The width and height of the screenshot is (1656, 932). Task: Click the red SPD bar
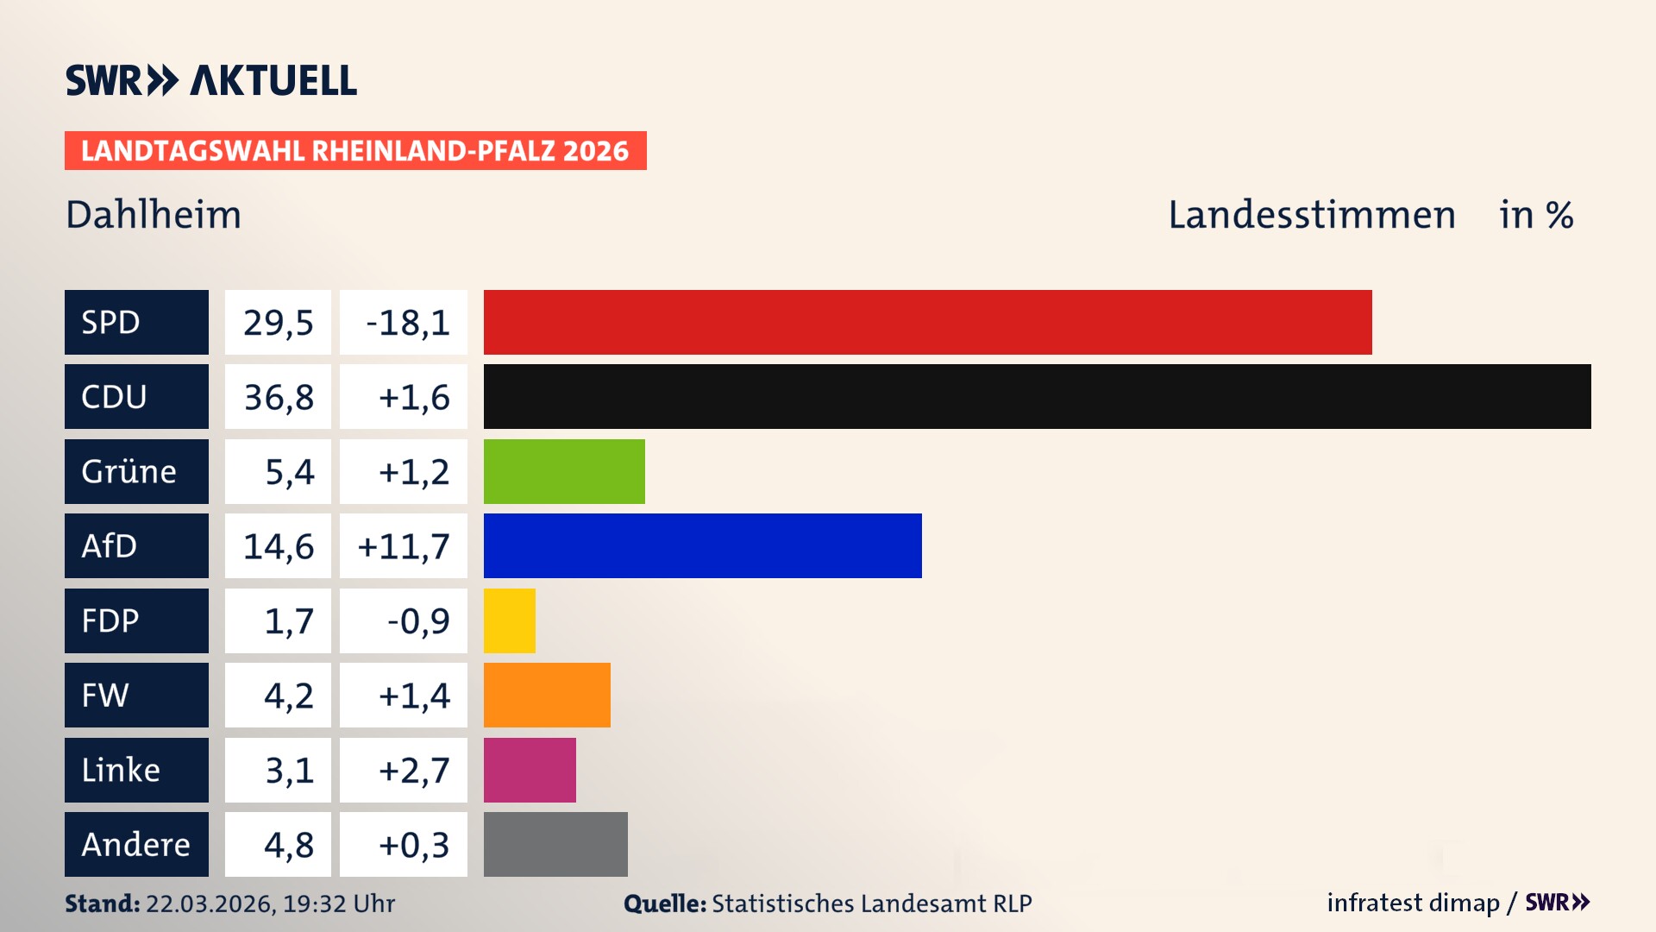click(927, 322)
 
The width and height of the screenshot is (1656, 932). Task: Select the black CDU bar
click(1037, 396)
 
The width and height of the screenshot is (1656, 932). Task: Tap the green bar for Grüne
click(564, 471)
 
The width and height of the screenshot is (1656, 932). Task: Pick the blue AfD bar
click(702, 545)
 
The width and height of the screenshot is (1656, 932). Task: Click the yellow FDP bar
click(509, 620)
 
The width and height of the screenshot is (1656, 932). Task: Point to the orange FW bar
click(547, 695)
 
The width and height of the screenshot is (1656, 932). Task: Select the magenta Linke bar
click(530, 770)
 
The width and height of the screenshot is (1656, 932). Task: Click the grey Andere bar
click(555, 844)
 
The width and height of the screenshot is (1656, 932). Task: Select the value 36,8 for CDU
click(278, 397)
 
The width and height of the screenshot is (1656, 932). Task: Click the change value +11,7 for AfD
click(404, 546)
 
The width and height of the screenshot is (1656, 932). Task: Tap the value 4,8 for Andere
click(288, 845)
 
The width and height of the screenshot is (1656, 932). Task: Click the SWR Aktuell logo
click(210, 80)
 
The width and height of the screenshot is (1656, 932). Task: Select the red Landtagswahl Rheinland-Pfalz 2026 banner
click(355, 150)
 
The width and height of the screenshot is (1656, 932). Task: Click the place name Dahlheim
click(154, 214)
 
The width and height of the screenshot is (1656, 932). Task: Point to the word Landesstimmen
click(1311, 214)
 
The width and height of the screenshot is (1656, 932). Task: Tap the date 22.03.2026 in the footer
click(209, 904)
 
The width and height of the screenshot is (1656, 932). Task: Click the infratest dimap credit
click(1412, 903)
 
